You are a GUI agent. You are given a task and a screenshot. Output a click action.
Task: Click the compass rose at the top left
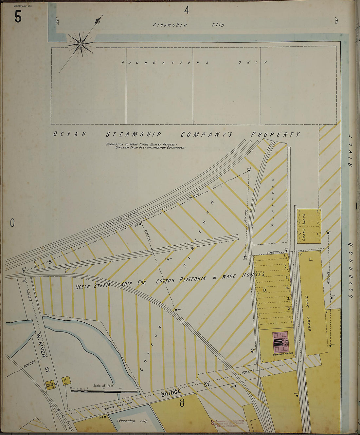coord(80,43)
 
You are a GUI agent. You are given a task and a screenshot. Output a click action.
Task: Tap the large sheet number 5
coord(18,17)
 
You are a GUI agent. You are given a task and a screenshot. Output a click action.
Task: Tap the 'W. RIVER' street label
coord(43,346)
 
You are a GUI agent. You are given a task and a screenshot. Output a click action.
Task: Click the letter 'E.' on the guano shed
coord(311,259)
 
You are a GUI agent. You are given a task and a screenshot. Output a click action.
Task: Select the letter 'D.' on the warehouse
coord(265,290)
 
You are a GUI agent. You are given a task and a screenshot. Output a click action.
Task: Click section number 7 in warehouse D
coord(285,255)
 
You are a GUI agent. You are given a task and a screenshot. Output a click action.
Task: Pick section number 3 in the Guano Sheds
coord(317,212)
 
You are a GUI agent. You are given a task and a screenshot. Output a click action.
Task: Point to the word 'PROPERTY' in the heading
coord(276,134)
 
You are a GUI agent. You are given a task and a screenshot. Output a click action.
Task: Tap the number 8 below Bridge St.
coord(182,403)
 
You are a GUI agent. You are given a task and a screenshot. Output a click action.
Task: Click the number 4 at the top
coord(186,10)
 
